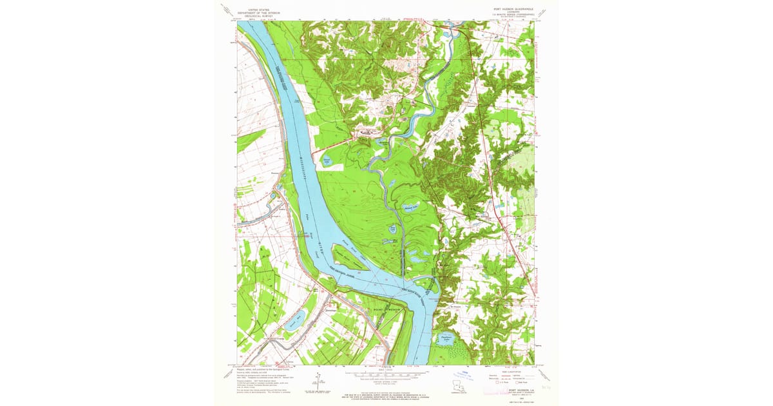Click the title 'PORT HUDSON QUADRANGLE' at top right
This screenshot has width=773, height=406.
click(x=511, y=9)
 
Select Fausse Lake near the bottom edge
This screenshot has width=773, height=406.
click(x=444, y=338)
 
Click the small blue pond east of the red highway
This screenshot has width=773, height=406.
click(x=499, y=208)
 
